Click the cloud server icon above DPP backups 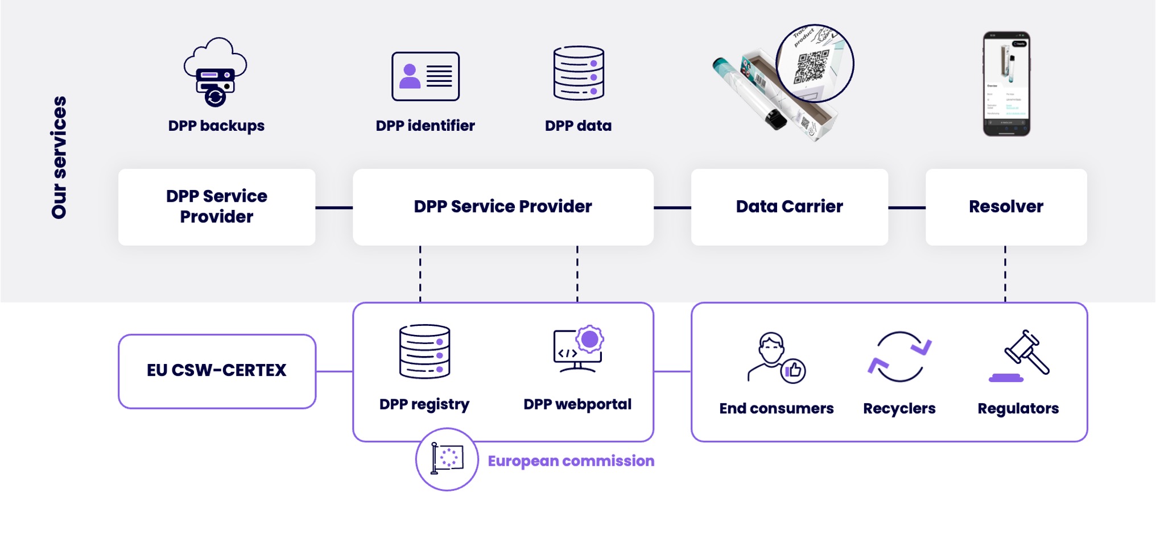[x=215, y=72]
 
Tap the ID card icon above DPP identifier [x=426, y=76]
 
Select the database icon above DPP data [x=579, y=73]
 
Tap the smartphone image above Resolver [x=1006, y=84]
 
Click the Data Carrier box [x=789, y=207]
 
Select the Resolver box [x=1006, y=207]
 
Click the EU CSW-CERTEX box [x=217, y=371]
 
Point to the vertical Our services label [x=59, y=158]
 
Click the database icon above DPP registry [x=424, y=351]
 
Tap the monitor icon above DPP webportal [x=579, y=349]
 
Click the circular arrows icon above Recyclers [x=899, y=357]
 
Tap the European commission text [x=571, y=461]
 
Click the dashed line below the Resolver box [x=1005, y=274]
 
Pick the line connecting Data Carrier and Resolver [x=907, y=208]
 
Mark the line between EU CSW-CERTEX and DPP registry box [x=334, y=371]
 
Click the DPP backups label [x=216, y=126]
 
